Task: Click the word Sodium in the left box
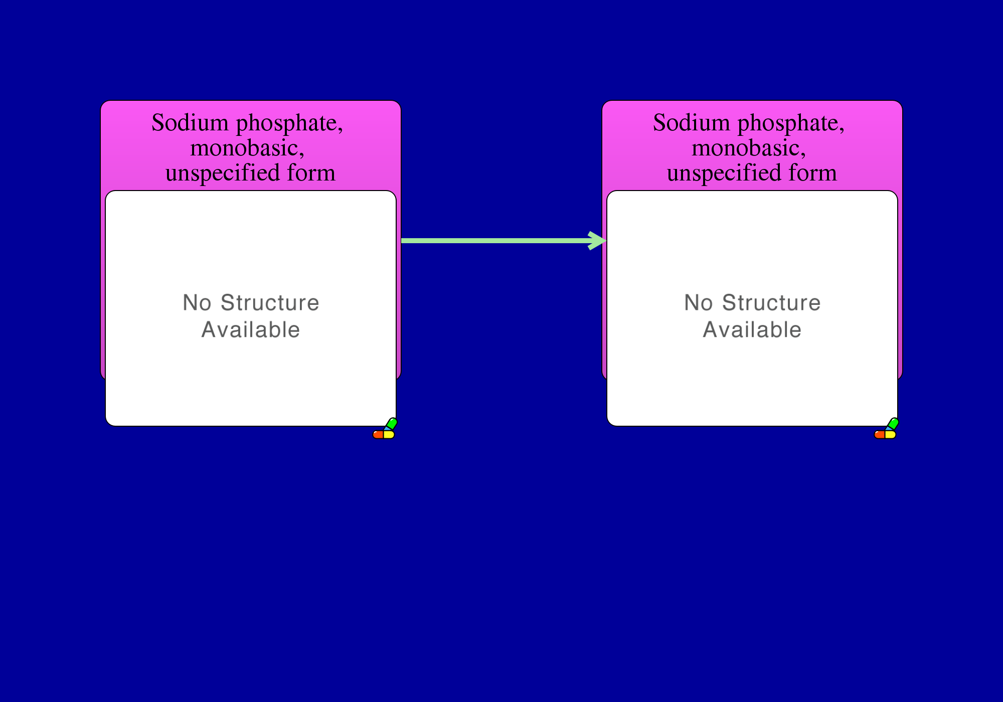tap(190, 123)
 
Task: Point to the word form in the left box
tap(311, 172)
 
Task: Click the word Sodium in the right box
tap(692, 123)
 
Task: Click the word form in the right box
tap(812, 172)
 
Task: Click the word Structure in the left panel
tap(270, 303)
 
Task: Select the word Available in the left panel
tap(251, 330)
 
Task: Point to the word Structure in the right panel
tap(771, 303)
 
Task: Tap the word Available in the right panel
tap(752, 330)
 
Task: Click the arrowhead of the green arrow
tap(598, 241)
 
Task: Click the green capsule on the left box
tap(391, 424)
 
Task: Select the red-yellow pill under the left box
tap(384, 434)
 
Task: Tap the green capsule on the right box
tap(893, 424)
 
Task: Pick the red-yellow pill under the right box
tap(885, 434)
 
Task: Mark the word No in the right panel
tap(699, 303)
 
